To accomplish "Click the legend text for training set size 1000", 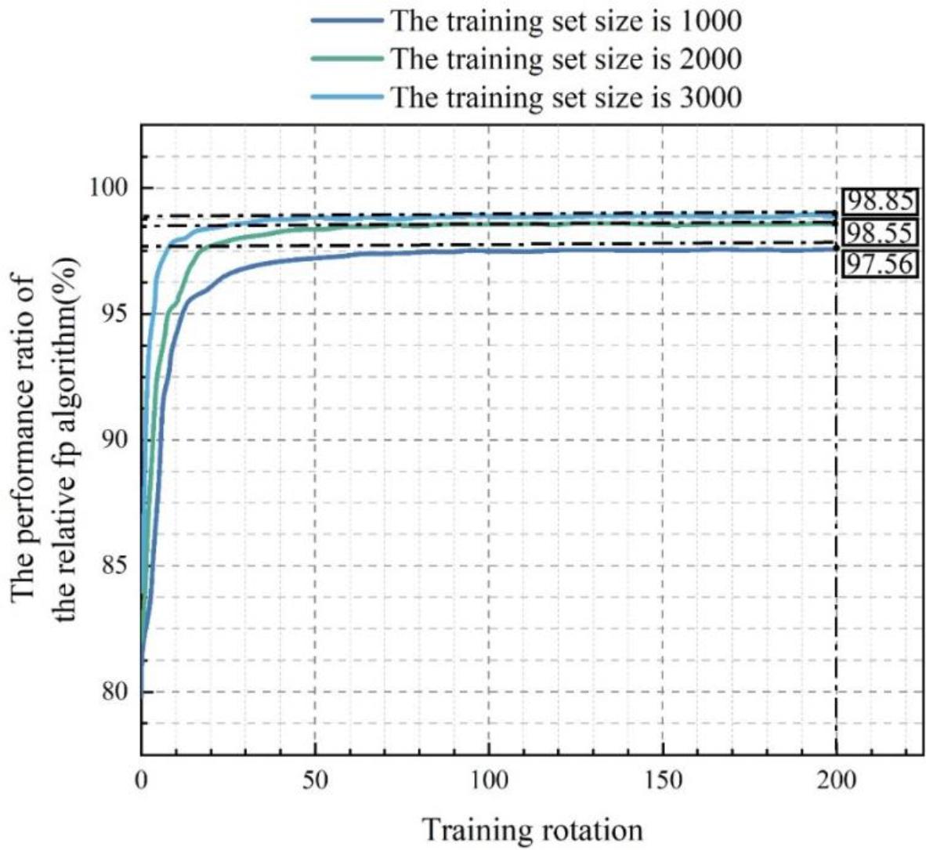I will point(566,20).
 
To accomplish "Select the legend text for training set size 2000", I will point(566,59).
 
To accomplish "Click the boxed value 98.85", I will point(878,202).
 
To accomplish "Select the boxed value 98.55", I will point(878,233).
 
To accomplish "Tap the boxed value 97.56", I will point(878,263).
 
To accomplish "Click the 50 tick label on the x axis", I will point(314,781).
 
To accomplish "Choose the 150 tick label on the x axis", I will point(663,781).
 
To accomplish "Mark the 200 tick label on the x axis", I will point(837,781).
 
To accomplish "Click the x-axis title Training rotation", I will point(533,829).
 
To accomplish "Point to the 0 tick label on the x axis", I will point(141,781).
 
